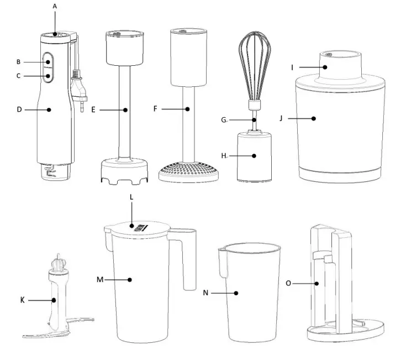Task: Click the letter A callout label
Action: [x=55, y=6]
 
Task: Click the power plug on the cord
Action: [x=80, y=94]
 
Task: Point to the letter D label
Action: [x=19, y=109]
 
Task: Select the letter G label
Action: [x=224, y=119]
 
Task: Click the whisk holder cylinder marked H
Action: [x=254, y=156]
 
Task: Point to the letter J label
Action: [x=282, y=118]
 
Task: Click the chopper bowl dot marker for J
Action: [x=313, y=118]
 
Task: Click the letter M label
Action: [x=101, y=280]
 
